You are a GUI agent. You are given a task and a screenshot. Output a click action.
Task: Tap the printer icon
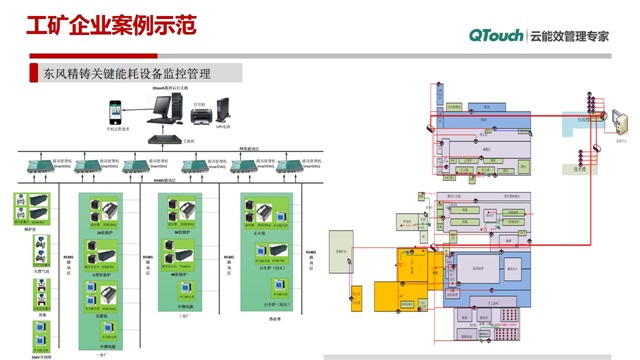199,115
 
